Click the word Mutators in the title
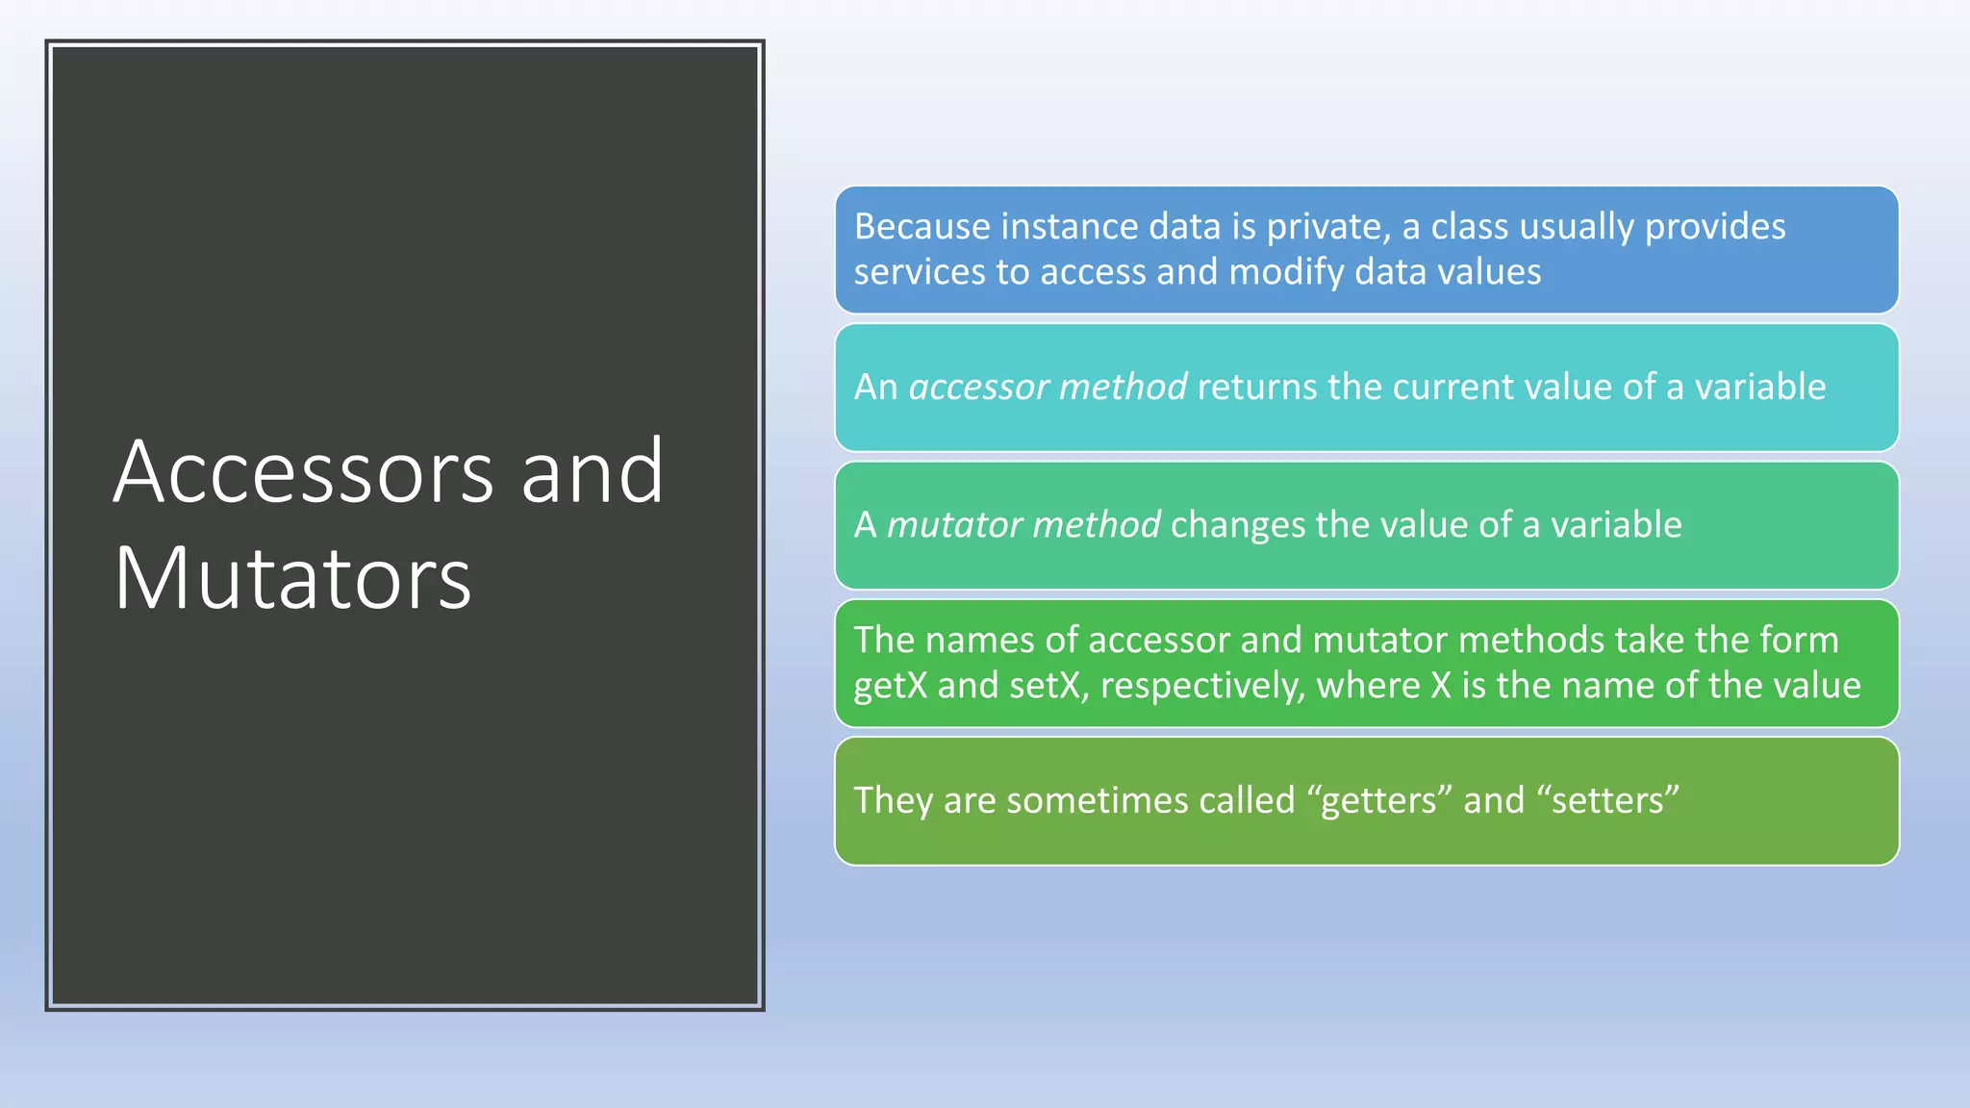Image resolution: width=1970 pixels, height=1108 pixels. (292, 579)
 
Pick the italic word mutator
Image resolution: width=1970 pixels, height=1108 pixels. (954, 525)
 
